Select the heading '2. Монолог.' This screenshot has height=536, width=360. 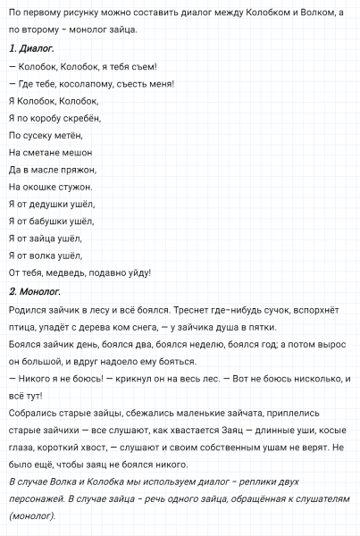[x=34, y=290]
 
